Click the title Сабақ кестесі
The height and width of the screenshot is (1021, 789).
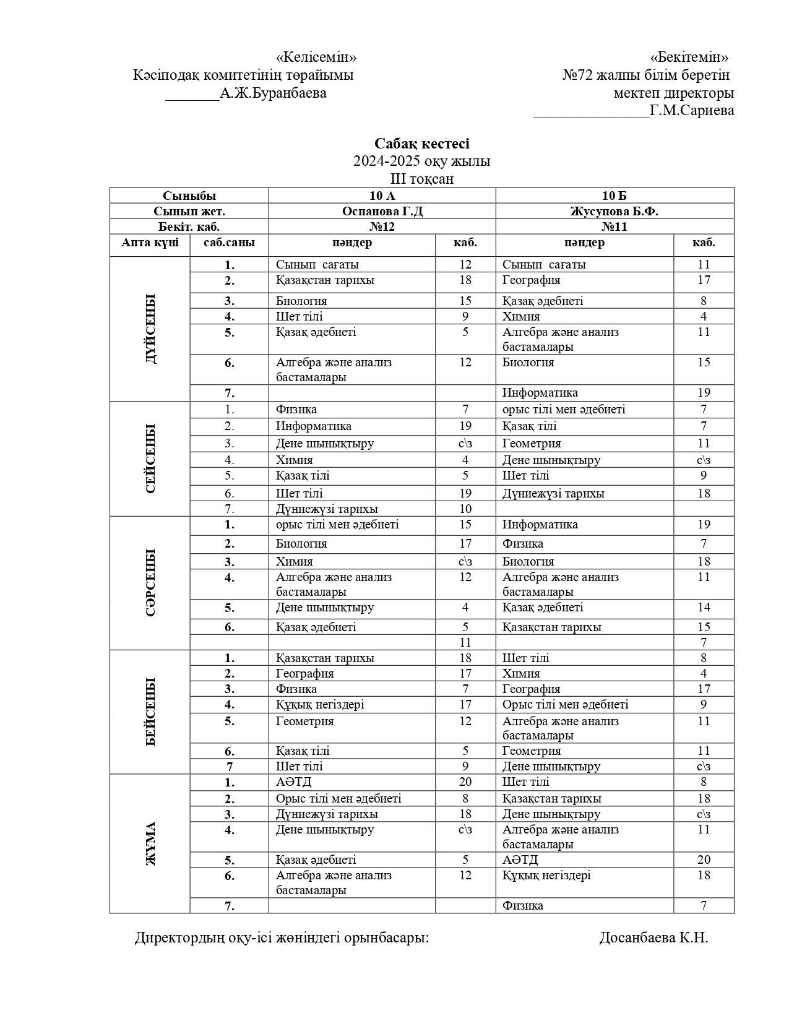coord(421,144)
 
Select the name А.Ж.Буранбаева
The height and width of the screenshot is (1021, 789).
coord(273,93)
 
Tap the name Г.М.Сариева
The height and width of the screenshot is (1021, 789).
coord(692,111)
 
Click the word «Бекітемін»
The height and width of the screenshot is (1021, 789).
coord(689,58)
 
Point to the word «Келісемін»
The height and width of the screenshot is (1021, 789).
coord(316,58)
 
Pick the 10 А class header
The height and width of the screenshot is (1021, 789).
coord(382,196)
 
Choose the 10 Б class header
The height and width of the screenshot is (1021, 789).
coord(614,196)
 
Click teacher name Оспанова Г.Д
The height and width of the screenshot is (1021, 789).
coord(382,211)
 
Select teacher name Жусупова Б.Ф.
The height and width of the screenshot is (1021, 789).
coord(614,211)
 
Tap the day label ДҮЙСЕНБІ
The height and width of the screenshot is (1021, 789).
coord(150,329)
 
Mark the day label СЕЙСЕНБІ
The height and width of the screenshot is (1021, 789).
coord(150,459)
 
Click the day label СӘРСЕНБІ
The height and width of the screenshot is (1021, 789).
coord(150,582)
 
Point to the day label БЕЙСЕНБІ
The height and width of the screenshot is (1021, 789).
coord(150,712)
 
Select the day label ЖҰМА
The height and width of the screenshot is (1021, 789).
coord(150,843)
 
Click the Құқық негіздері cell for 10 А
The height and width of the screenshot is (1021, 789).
coord(320,705)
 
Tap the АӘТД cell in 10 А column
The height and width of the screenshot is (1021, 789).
coord(294,782)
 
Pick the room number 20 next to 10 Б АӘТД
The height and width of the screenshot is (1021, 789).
coord(704,859)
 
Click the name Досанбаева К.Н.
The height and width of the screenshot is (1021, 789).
coord(653,937)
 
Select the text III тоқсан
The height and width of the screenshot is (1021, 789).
coord(421,179)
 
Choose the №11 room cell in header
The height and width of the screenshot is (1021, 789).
coord(614,226)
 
